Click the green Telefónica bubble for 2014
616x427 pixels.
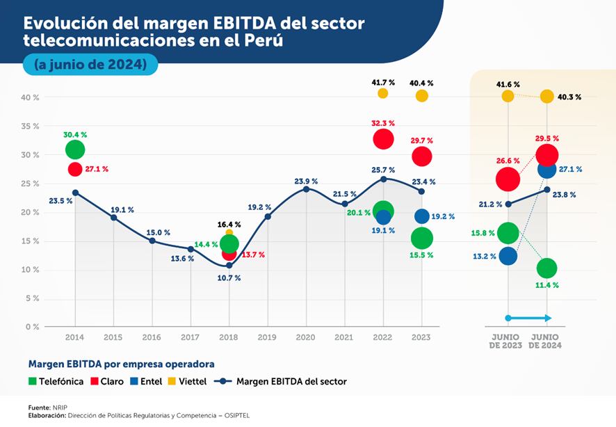75,150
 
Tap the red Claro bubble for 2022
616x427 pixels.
383,139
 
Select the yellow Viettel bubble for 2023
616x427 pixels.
421,96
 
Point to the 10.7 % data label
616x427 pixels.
228,277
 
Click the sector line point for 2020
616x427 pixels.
306,189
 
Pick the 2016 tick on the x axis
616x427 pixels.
152,337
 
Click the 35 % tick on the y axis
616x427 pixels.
29,127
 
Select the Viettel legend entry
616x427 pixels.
193,381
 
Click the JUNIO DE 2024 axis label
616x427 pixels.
546,341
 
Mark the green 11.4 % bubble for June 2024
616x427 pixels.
546,268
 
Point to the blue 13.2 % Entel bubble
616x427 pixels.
508,256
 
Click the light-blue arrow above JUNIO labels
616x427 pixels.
528,318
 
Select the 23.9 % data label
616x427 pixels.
306,182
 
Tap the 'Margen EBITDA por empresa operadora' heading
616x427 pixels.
121,364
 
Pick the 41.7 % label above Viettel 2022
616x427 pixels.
382,82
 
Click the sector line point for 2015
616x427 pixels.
113,218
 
